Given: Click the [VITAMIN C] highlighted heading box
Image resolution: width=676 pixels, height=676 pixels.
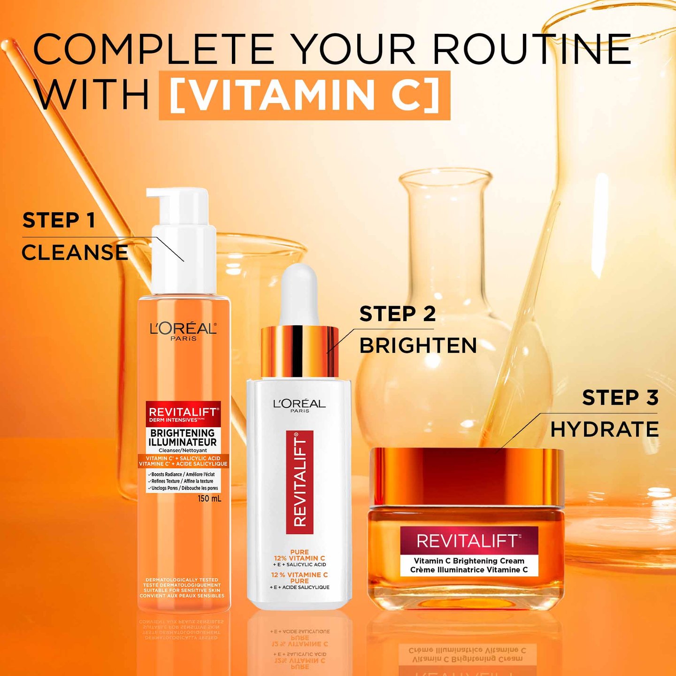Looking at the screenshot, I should pyautogui.click(x=304, y=95).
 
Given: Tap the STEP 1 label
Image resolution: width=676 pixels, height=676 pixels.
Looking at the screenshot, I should pyautogui.click(x=59, y=220).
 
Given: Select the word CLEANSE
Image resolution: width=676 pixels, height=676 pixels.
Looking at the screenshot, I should pyautogui.click(x=75, y=252).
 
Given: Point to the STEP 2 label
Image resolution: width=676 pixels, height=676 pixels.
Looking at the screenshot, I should pyautogui.click(x=397, y=314).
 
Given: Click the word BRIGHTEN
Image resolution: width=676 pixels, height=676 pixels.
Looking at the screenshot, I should pyautogui.click(x=418, y=346).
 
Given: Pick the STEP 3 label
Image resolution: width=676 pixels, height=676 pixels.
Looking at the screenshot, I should pyautogui.click(x=620, y=398).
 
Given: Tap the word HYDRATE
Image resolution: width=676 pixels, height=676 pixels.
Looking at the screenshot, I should pyautogui.click(x=604, y=429).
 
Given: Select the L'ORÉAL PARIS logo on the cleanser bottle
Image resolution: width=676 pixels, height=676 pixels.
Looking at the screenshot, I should pyautogui.click(x=183, y=330).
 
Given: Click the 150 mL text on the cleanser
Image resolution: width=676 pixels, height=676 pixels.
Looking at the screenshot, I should pyautogui.click(x=209, y=498).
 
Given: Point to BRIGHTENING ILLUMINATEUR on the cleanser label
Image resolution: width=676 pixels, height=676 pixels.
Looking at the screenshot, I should pyautogui.click(x=183, y=438).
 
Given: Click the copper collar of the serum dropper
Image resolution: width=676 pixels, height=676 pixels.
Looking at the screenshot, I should pyautogui.click(x=299, y=351).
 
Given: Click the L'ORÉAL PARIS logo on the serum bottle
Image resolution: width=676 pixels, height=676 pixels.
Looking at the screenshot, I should pyautogui.click(x=300, y=405).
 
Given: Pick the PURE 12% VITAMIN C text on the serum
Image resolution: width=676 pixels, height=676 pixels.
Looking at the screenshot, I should pyautogui.click(x=300, y=555).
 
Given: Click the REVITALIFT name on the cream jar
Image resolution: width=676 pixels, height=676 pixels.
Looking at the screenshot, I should pyautogui.click(x=468, y=541).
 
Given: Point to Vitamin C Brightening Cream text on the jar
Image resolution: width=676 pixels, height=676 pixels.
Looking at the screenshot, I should pyautogui.click(x=469, y=561).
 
